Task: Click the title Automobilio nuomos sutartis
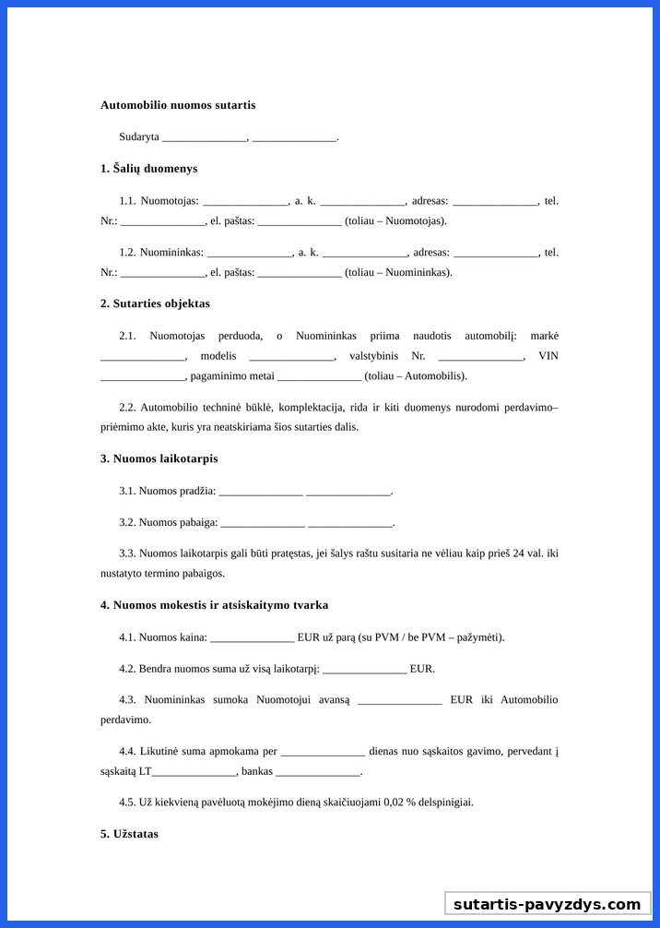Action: click(178, 105)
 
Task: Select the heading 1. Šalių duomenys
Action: click(148, 169)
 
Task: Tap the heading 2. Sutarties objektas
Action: click(155, 303)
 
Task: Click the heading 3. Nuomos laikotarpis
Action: click(159, 458)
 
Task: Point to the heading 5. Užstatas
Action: click(129, 834)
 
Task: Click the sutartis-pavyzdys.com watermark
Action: click(547, 904)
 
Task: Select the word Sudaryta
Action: click(139, 137)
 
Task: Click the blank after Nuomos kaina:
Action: click(252, 637)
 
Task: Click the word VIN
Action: click(548, 356)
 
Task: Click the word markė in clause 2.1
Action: click(544, 336)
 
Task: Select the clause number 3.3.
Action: click(127, 553)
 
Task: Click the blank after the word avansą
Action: click(399, 700)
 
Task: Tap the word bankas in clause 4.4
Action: click(257, 771)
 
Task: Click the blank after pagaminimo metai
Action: click(319, 376)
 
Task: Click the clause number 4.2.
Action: click(127, 669)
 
